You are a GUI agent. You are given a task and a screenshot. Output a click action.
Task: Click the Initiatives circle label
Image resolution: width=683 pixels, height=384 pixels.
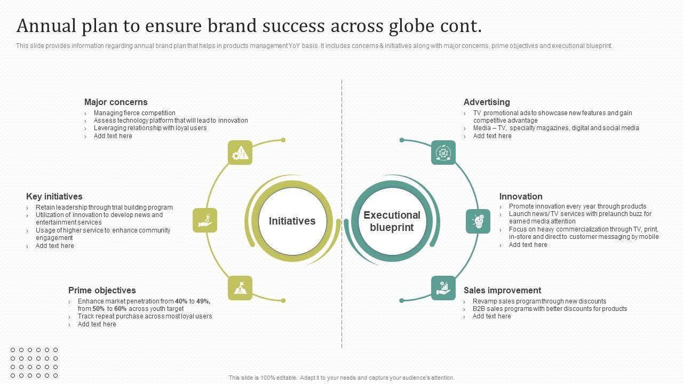292,221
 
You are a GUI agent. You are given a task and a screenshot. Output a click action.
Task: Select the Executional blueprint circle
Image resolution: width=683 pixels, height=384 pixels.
392,221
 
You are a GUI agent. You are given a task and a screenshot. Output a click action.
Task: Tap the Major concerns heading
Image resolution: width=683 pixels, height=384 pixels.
116,102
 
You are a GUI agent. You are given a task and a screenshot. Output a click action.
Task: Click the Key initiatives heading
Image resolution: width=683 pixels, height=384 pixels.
54,196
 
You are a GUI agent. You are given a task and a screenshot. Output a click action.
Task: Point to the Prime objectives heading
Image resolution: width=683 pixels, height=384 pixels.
102,290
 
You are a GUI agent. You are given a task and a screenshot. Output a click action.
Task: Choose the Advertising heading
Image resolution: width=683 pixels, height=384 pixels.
487,102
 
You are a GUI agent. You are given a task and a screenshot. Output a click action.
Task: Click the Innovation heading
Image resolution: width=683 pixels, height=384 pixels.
521,196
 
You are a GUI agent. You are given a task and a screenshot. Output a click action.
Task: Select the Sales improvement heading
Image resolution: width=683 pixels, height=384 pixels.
502,290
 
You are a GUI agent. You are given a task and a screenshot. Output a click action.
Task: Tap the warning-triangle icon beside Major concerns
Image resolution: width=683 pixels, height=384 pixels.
240,153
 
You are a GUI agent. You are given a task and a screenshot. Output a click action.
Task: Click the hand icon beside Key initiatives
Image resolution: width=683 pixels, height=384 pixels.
205,220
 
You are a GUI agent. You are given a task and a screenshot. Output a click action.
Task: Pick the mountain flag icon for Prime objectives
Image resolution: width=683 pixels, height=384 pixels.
240,288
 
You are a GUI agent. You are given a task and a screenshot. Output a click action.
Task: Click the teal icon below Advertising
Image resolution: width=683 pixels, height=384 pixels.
443,153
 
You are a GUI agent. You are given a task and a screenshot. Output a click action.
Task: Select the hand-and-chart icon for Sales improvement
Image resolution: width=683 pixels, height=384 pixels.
443,288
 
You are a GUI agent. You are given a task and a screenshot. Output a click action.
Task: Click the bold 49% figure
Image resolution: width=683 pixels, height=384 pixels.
203,301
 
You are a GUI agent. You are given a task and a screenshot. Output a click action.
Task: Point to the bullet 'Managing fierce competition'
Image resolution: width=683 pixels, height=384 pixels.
134,113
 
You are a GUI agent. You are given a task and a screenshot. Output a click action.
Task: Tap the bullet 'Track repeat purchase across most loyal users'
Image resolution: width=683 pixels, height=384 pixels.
145,316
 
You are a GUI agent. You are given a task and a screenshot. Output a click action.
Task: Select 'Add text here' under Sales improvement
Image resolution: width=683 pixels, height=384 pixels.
491,316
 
